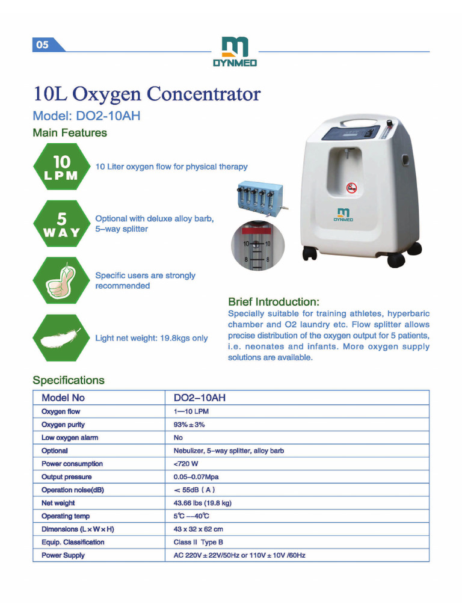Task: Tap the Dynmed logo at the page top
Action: click(x=234, y=52)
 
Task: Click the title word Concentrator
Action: click(x=204, y=94)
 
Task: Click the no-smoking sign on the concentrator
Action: click(x=352, y=188)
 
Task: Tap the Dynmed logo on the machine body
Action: click(x=343, y=215)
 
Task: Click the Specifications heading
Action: click(x=69, y=380)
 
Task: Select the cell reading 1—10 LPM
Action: click(x=191, y=411)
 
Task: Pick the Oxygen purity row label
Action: click(x=63, y=425)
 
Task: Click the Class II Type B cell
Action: click(x=198, y=542)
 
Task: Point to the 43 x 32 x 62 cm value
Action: click(x=198, y=529)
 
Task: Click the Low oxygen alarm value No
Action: click(x=178, y=438)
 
